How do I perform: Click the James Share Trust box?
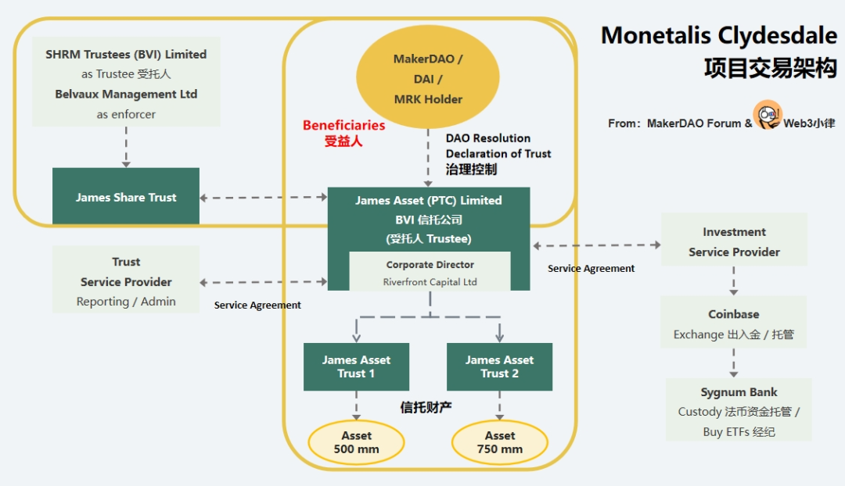pos(126,197)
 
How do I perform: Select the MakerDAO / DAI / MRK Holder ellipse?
pos(428,79)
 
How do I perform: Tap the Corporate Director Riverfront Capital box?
pos(430,273)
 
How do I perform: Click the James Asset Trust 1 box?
pos(356,366)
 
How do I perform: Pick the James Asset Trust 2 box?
pos(499,366)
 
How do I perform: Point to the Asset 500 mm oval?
pos(356,442)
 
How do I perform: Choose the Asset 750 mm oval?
pos(499,442)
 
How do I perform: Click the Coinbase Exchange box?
pos(734,323)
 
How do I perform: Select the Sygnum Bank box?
pos(739,411)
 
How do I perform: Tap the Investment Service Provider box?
pos(734,241)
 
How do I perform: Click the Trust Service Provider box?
pos(126,281)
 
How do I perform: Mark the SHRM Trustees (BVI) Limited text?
pos(126,55)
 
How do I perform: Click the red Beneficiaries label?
pos(344,125)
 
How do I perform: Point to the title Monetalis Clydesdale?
pos(718,36)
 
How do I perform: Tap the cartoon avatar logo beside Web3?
pos(768,116)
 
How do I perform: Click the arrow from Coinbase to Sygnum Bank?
pos(734,363)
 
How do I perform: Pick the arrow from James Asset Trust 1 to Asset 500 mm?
pos(356,406)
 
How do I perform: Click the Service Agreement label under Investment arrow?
pos(591,268)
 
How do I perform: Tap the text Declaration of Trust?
pos(498,154)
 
